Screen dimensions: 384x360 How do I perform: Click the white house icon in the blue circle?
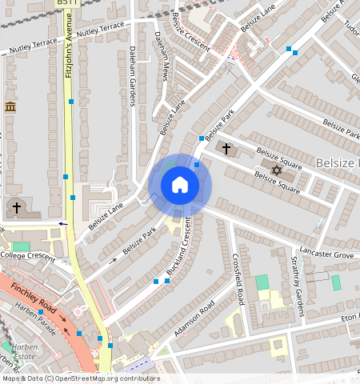pyautogui.click(x=180, y=185)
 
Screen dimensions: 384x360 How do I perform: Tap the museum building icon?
pyautogui.click(x=10, y=107)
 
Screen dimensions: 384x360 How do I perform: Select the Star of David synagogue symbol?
pyautogui.click(x=278, y=170)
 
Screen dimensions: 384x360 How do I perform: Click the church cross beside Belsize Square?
pyautogui.click(x=226, y=149)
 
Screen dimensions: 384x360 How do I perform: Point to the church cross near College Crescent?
pyautogui.click(x=15, y=208)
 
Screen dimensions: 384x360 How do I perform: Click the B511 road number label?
pyautogui.click(x=67, y=4)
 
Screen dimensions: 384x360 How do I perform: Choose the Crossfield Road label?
pyautogui.click(x=238, y=279)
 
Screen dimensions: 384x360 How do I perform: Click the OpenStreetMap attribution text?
pyautogui.click(x=80, y=378)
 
